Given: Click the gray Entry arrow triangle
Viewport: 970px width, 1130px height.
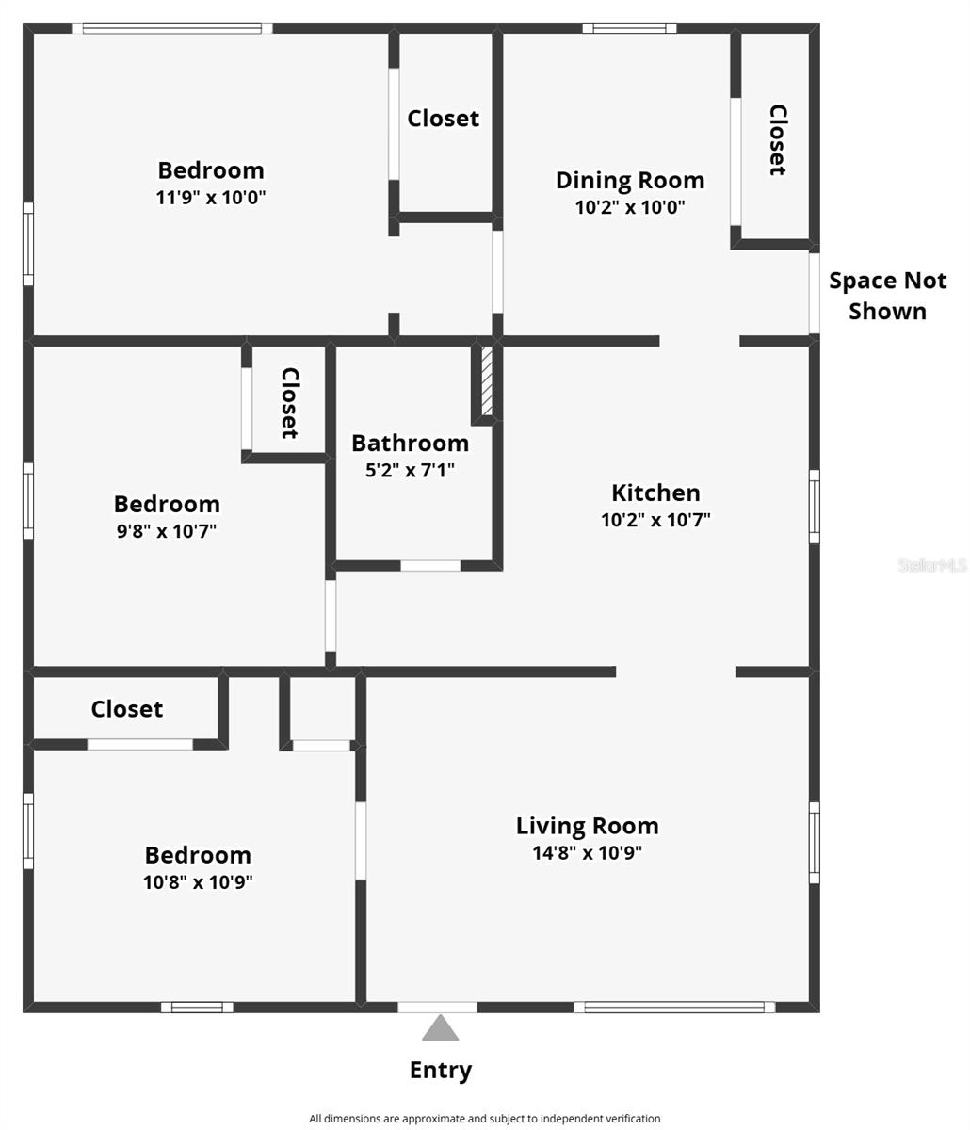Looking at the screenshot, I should [x=440, y=1029].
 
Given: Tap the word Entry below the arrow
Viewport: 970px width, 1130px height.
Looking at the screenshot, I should [x=440, y=1070].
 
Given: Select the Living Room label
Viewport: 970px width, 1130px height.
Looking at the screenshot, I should [x=587, y=826].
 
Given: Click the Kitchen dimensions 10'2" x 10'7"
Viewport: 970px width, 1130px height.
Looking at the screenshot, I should [x=655, y=519].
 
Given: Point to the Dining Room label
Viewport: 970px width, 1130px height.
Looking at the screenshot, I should [x=629, y=180].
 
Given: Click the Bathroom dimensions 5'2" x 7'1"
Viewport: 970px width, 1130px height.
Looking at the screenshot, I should [x=410, y=469].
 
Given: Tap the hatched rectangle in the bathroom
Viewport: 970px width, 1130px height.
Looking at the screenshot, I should [x=487, y=381].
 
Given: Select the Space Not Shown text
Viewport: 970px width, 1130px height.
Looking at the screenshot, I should [x=887, y=296].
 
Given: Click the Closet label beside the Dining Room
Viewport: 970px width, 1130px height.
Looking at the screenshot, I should [x=777, y=139].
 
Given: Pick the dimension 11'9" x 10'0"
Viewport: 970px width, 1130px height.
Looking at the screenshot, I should [x=211, y=198].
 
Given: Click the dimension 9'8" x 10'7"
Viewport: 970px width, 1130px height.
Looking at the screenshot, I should [x=167, y=530].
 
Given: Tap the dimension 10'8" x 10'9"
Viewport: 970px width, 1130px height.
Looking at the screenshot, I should [x=198, y=882].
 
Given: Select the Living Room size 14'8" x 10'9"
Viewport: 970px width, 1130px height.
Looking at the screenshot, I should [x=587, y=853].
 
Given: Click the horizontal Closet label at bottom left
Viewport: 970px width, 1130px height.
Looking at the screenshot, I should [x=127, y=709].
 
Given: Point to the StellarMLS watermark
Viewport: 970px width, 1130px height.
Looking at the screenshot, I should [x=931, y=565].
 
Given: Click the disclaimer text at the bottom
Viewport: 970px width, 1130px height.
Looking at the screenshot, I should [x=485, y=1119].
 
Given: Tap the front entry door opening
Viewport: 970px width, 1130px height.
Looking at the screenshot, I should [x=437, y=1007].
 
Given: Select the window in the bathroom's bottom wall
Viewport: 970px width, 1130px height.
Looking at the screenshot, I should [x=430, y=566].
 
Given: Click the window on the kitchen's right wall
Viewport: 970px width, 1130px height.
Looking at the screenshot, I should [x=815, y=507].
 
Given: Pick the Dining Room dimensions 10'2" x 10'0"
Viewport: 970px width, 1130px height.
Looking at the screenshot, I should [x=629, y=207].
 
